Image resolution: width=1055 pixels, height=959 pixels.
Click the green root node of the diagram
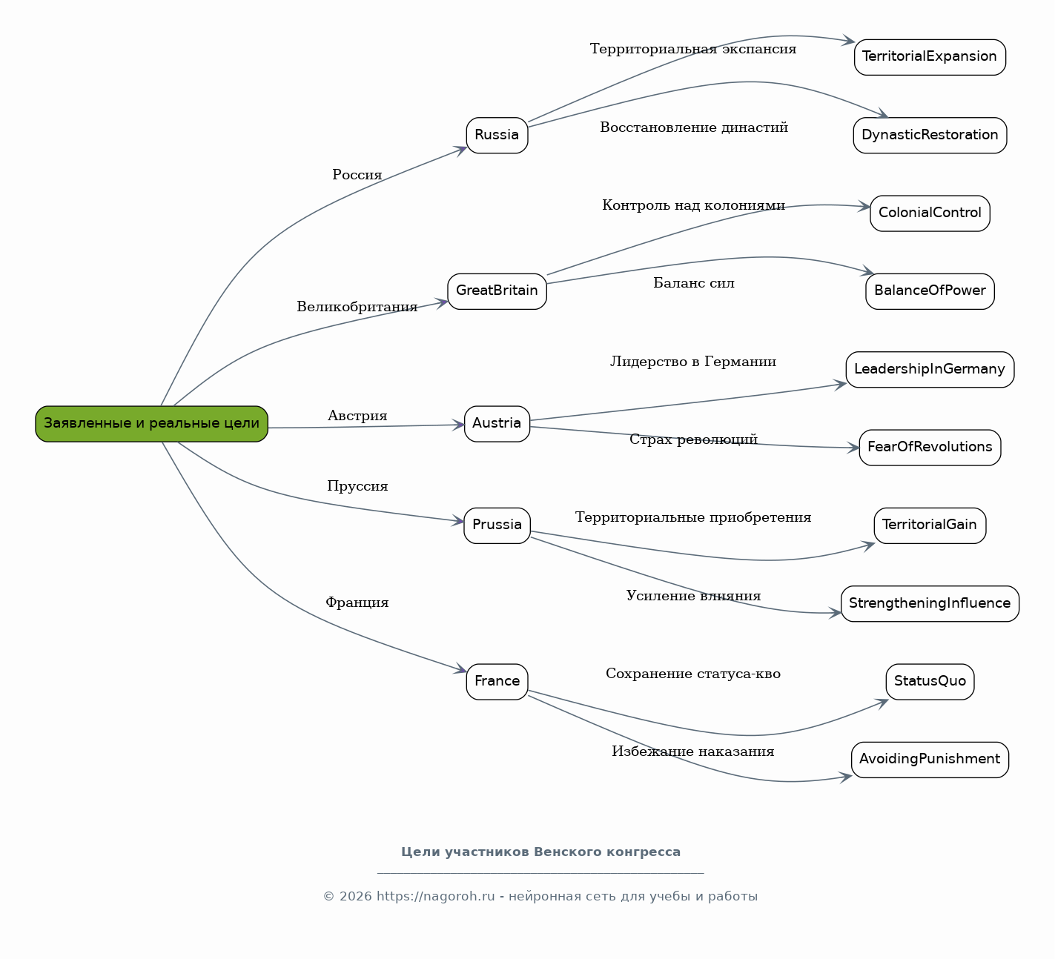[x=151, y=424]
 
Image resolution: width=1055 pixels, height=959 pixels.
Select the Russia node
[x=497, y=135]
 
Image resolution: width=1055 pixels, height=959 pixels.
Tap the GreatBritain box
[x=497, y=291]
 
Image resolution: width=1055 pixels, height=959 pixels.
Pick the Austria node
[x=497, y=424]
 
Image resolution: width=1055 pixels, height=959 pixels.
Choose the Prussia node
[x=497, y=525]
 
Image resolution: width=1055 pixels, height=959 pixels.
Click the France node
[x=497, y=681]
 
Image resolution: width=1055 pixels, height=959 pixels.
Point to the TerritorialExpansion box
[x=930, y=57]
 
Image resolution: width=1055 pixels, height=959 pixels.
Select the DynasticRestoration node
[x=930, y=135]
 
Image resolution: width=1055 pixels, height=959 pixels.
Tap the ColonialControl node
[x=930, y=213]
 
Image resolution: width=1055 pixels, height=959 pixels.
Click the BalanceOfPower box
[x=930, y=291]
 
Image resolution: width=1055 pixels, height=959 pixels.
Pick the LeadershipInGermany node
[x=930, y=370]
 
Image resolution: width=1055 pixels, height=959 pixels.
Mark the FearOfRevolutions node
[x=930, y=448]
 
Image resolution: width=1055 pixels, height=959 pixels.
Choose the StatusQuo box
[x=930, y=681]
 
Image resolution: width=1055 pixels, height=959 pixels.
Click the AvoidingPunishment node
[x=930, y=760]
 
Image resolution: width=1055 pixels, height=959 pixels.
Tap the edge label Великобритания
[x=357, y=307]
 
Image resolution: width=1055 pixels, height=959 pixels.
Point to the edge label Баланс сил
[x=694, y=283]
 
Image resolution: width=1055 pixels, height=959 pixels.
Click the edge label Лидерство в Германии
[x=693, y=362]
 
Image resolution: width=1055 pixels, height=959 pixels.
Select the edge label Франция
[x=357, y=603]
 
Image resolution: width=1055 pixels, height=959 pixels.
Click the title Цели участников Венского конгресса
[x=540, y=852]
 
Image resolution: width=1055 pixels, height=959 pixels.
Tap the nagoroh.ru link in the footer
[x=435, y=897]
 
